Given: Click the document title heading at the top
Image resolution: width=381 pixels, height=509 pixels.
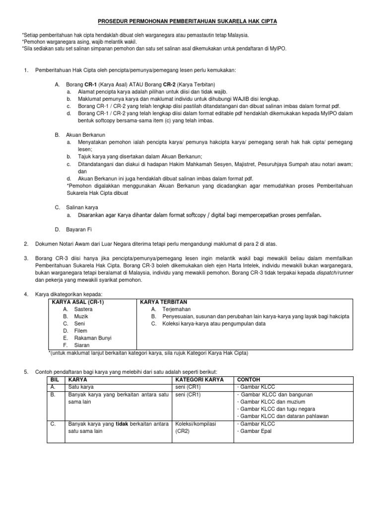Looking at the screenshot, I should pyautogui.click(x=190, y=21).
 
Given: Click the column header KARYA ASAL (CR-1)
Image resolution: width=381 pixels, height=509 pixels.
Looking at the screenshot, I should pyautogui.click(x=79, y=302).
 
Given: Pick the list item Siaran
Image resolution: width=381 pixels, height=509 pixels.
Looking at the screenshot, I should pyautogui.click(x=82, y=344).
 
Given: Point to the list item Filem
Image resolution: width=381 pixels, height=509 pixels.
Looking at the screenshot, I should pyautogui.click(x=81, y=330).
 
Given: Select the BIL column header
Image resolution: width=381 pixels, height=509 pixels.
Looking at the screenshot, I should pyautogui.click(x=56, y=379).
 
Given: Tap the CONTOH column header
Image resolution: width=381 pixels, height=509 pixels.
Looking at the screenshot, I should pyautogui.click(x=251, y=379).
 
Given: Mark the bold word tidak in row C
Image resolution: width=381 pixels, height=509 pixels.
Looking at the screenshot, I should pyautogui.click(x=122, y=424).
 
